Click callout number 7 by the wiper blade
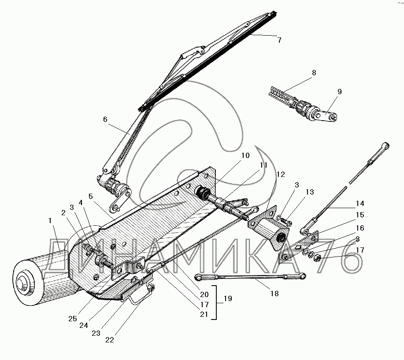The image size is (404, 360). point(278,40)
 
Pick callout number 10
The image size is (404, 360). point(245,155)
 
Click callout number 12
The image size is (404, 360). point(280,175)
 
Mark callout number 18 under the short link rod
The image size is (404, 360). point(274,294)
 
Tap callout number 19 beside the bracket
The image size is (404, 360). point(228,298)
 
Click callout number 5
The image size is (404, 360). point(90,197)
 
